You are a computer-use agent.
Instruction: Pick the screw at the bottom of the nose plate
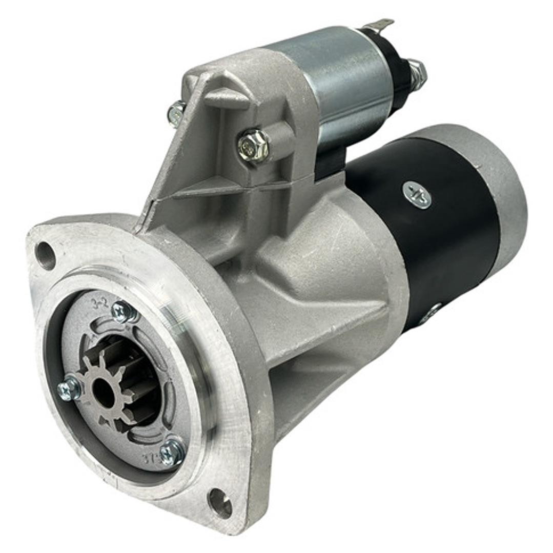[x=172, y=452]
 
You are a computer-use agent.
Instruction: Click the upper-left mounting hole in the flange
[x=45, y=256]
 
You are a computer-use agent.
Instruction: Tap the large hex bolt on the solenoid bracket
[x=254, y=146]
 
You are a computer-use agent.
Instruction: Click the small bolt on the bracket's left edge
[x=176, y=113]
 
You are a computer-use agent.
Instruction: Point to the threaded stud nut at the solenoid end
[x=417, y=73]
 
